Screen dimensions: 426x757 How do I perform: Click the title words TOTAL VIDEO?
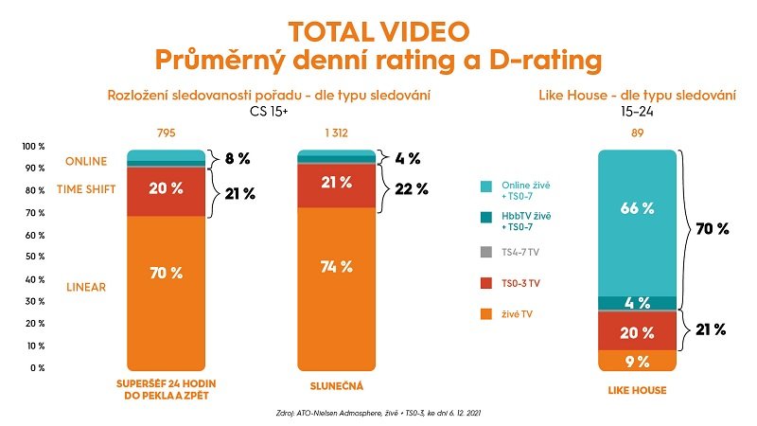point(378,30)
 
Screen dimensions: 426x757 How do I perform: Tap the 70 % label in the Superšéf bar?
point(167,274)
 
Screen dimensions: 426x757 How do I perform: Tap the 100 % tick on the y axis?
point(34,146)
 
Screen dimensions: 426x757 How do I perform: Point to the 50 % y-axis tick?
point(34,257)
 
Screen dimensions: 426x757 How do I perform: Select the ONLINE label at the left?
point(86,161)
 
